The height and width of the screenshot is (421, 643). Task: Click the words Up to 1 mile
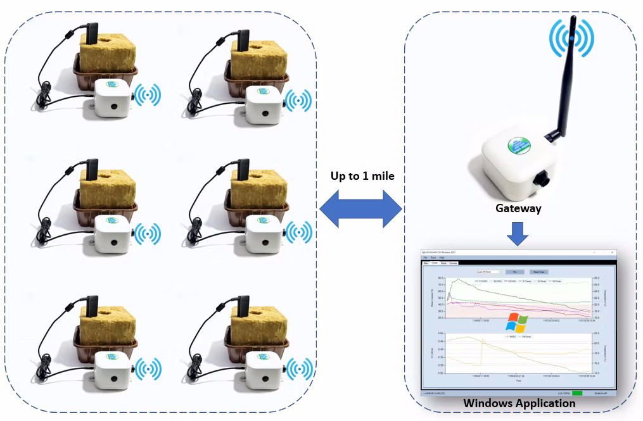[x=362, y=176]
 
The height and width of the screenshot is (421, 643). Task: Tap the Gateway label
[x=518, y=208]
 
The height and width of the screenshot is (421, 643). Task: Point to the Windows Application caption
[x=519, y=403]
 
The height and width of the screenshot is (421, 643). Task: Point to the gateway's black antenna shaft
[x=566, y=82]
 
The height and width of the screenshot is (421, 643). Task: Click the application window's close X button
[x=612, y=253]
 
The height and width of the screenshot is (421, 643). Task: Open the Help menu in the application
[x=442, y=258]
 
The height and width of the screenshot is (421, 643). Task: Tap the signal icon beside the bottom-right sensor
[x=299, y=368]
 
